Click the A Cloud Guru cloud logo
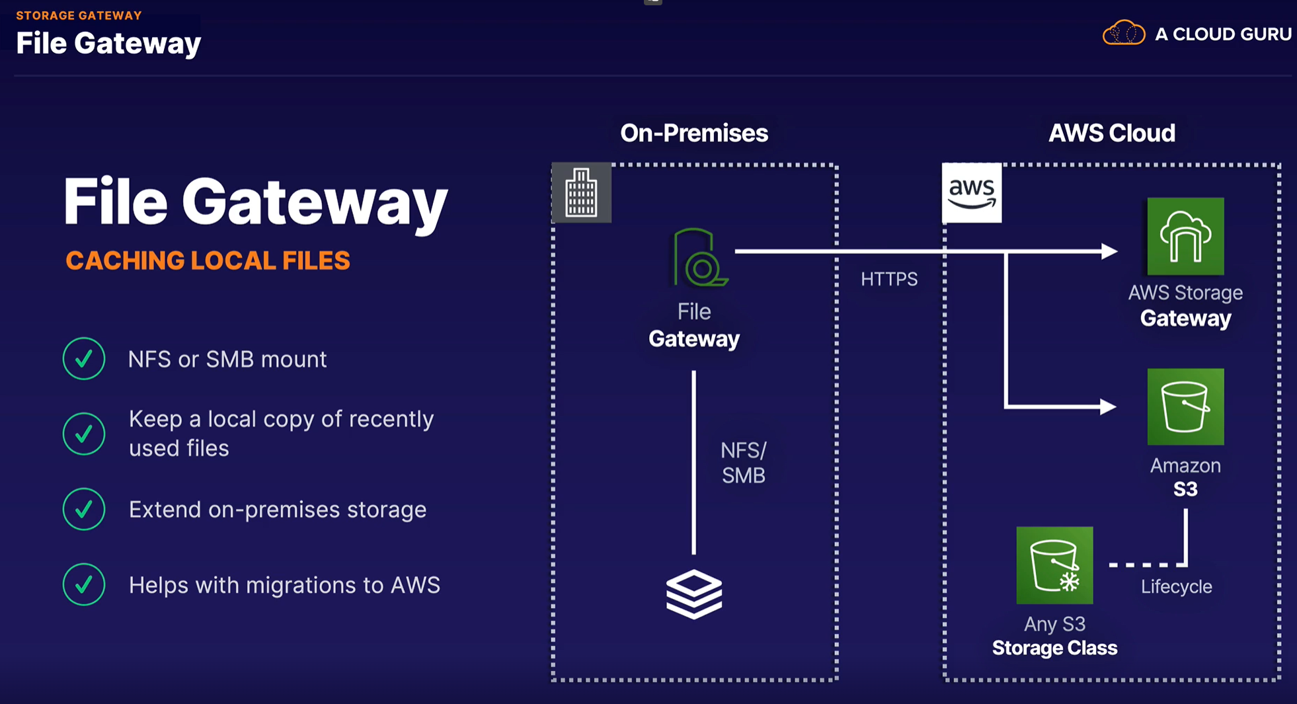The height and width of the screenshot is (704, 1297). [x=1123, y=33]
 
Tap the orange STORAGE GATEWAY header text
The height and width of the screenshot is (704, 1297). [x=79, y=15]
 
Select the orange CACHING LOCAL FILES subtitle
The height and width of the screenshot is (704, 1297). [x=208, y=260]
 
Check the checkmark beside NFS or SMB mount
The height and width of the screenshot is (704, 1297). [x=84, y=358]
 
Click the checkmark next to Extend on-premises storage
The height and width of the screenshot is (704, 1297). [x=84, y=509]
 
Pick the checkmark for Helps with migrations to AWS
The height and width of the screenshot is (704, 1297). [x=84, y=584]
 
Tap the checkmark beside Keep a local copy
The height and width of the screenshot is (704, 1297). [x=84, y=434]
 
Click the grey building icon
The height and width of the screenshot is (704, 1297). [x=582, y=193]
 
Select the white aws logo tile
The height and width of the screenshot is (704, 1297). [x=972, y=193]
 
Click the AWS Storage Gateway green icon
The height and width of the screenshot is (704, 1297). [x=1185, y=237]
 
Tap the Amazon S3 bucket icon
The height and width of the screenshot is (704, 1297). [x=1185, y=407]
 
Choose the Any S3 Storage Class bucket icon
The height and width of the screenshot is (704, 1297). [x=1054, y=565]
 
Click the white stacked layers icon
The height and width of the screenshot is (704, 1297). [x=693, y=594]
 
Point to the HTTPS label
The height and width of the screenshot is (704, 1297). [x=889, y=279]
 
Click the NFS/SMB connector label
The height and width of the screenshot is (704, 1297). [x=743, y=463]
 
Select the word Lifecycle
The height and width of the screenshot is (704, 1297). [x=1176, y=586]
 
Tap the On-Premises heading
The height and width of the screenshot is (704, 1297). [x=694, y=134]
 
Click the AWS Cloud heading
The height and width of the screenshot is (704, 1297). [x=1112, y=134]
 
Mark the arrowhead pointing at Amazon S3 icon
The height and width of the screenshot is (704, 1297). [x=1108, y=407]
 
